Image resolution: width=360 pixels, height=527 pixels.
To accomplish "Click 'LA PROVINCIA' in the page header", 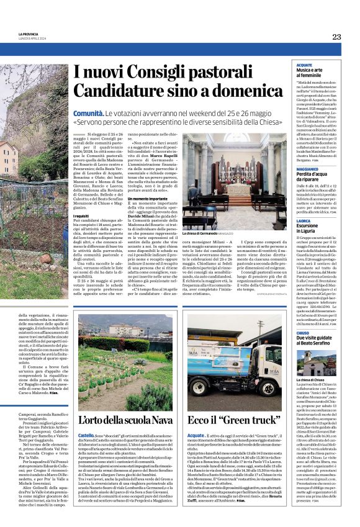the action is pyautogui.click(x=28, y=34).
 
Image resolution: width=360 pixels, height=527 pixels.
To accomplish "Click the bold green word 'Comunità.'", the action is pyautogui.click(x=88, y=115).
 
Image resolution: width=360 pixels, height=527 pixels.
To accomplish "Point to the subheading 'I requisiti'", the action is pyautogui.click(x=81, y=215).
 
